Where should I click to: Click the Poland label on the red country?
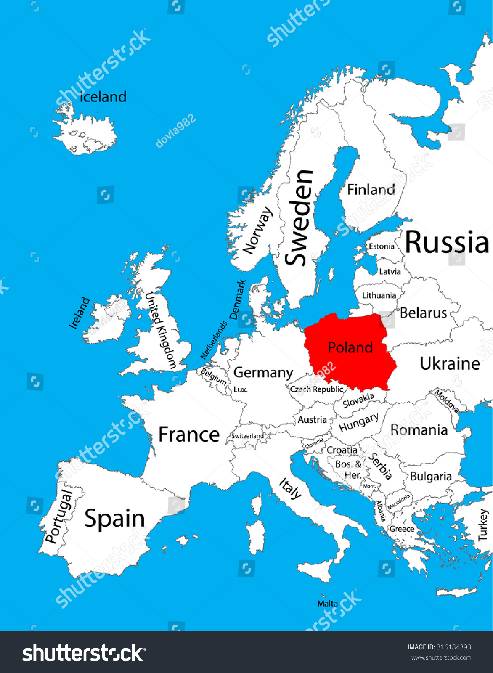(x=350, y=348)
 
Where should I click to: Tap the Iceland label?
(x=103, y=97)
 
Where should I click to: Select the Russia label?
(x=447, y=243)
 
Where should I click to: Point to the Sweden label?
(x=300, y=217)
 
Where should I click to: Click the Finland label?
(x=371, y=190)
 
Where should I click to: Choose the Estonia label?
(x=382, y=246)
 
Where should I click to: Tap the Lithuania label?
(x=379, y=296)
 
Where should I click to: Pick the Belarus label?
(x=423, y=313)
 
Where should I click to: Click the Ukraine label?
(x=450, y=364)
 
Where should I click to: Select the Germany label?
(x=263, y=373)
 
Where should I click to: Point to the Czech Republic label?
(x=316, y=389)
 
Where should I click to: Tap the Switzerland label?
(x=247, y=436)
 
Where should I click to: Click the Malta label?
(x=327, y=604)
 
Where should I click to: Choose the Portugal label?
(x=59, y=516)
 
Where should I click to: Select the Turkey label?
(x=483, y=525)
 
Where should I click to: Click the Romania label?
(x=419, y=430)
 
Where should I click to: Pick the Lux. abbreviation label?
(x=241, y=390)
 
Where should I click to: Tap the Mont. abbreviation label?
(x=369, y=486)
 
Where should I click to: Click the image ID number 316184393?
(x=453, y=647)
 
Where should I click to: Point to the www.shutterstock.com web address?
(x=441, y=657)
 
